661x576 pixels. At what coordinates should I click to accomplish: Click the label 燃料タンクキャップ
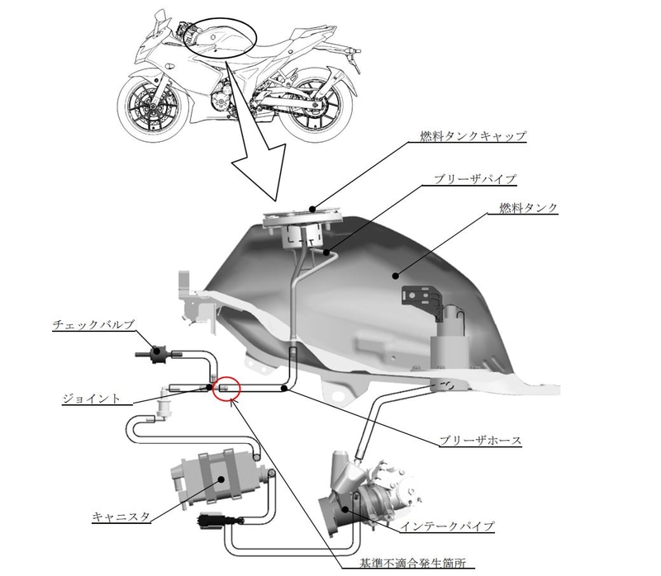(473, 135)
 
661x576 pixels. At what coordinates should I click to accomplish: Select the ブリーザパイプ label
(474, 178)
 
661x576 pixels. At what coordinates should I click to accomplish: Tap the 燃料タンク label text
(528, 208)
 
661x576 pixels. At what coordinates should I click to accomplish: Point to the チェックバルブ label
(93, 324)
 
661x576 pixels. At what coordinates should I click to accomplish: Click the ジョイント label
(92, 399)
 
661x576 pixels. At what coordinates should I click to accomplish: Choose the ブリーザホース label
(480, 441)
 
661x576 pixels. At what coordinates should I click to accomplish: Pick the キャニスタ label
(121, 517)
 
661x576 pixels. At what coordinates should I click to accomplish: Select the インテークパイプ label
(447, 526)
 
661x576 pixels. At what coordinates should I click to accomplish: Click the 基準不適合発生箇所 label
(413, 563)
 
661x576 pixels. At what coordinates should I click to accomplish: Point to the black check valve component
(156, 354)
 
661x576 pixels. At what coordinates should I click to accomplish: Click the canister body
(219, 478)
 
